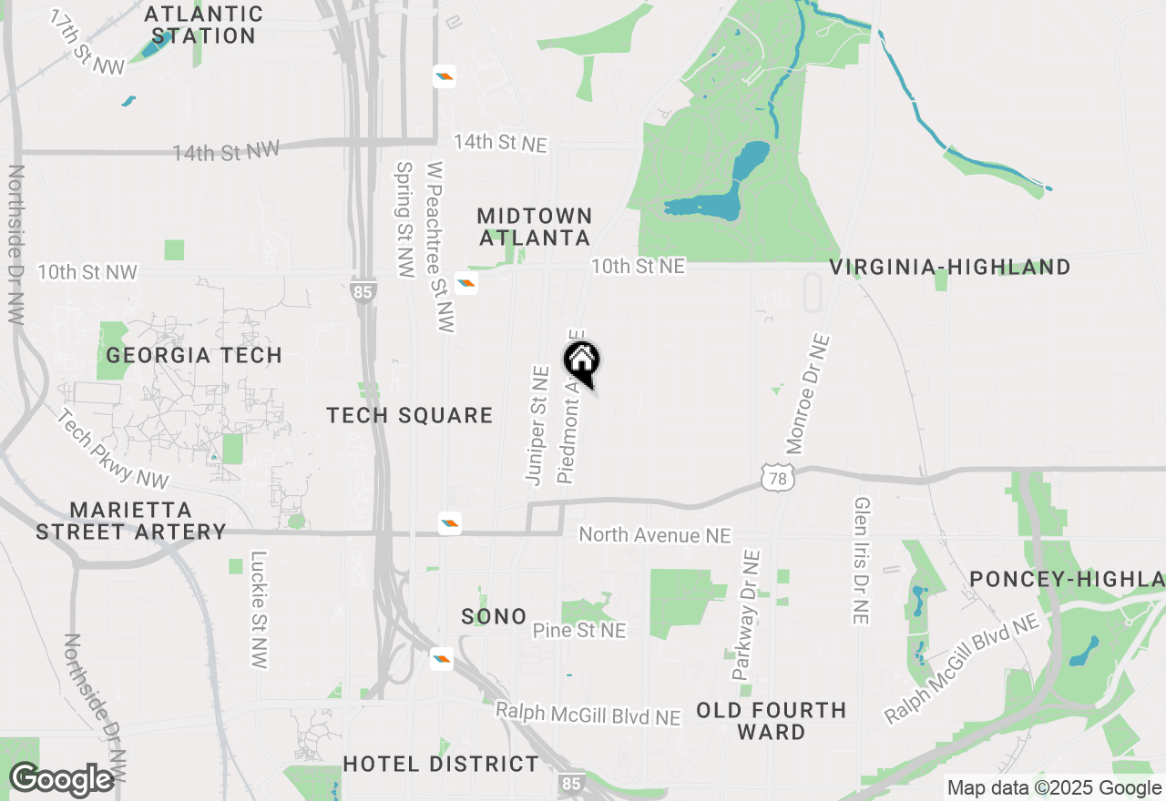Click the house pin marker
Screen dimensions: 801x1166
[x=581, y=362]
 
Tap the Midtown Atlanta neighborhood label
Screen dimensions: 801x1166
[x=535, y=227]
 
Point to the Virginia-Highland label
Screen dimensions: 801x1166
[x=950, y=267]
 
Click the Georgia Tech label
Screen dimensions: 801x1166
[x=194, y=355]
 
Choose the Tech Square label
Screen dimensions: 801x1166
[x=410, y=416]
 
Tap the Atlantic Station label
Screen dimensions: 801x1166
[x=204, y=25]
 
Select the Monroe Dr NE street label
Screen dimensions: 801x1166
[x=808, y=394]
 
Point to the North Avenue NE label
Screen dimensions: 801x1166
[x=655, y=535]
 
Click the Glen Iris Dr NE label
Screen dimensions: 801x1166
[x=861, y=561]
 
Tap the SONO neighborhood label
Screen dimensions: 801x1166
[x=494, y=616]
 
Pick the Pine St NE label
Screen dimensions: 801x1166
[x=579, y=630]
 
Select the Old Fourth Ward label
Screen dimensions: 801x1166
[x=772, y=721]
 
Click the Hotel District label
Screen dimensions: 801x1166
[x=441, y=764]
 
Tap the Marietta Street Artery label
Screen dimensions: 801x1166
[x=130, y=521]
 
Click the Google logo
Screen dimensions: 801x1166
[x=61, y=779]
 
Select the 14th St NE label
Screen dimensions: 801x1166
[x=501, y=143]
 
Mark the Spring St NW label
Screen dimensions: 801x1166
[x=405, y=219]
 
